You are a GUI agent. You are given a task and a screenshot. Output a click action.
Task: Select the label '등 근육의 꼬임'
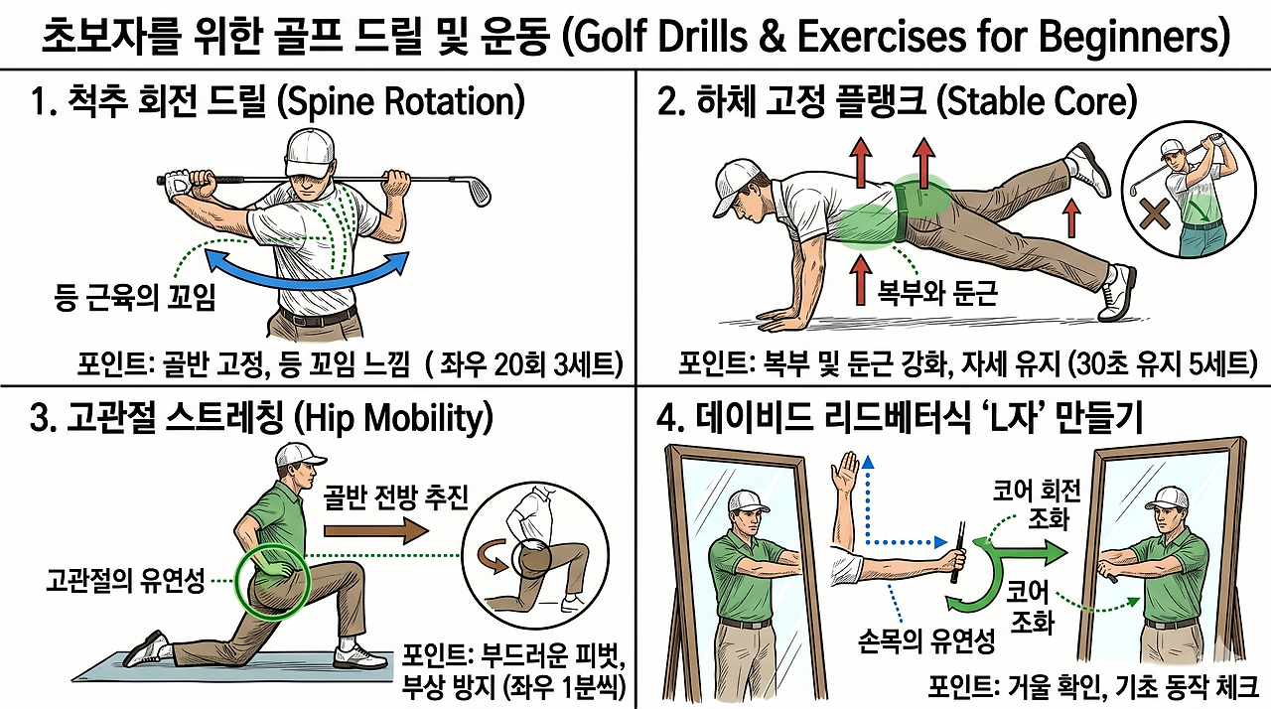tap(135, 298)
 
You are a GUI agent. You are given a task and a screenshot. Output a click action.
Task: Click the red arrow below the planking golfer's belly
tap(862, 280)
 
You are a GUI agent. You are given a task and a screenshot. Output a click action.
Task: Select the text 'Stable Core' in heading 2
tap(1036, 102)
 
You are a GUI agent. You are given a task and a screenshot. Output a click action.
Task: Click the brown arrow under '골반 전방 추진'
tap(376, 531)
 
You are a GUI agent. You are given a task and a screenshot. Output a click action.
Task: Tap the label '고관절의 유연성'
tap(125, 581)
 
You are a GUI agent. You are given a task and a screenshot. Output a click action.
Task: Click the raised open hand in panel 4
tap(844, 472)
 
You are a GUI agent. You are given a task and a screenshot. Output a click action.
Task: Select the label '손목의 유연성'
tap(927, 640)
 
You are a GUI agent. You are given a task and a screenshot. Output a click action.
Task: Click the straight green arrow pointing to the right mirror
tap(1028, 552)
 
